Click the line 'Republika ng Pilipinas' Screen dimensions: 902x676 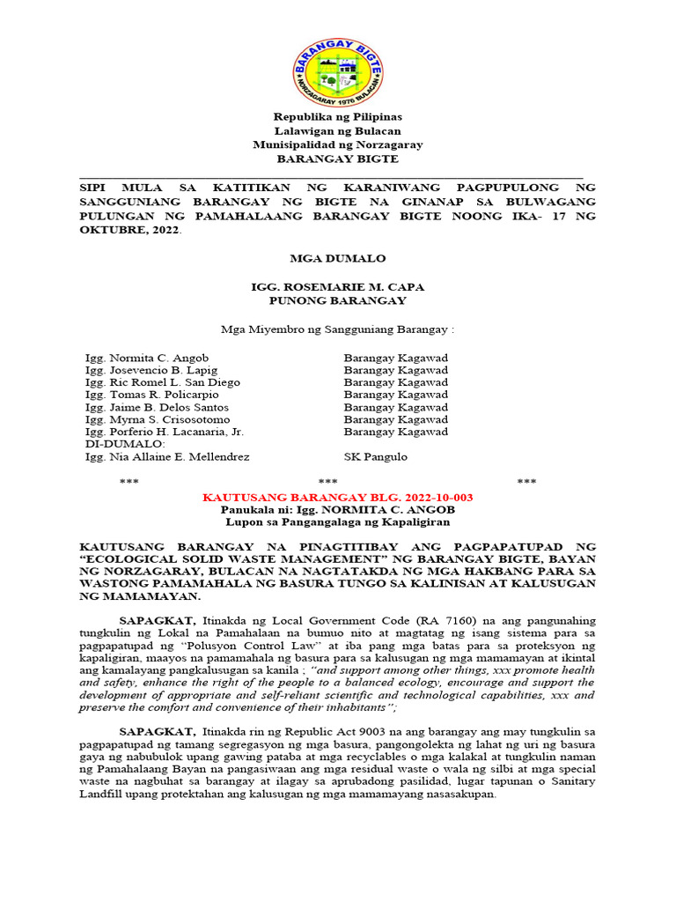pos(337,116)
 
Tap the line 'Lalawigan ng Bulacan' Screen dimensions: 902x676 pos(337,130)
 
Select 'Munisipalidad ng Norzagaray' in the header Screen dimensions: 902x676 pos(337,144)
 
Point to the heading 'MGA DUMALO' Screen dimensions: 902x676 pos(337,258)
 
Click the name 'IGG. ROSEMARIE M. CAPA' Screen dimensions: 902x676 pos(337,287)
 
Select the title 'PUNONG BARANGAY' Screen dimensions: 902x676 pos(337,300)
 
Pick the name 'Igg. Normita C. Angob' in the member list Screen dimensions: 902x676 pos(146,358)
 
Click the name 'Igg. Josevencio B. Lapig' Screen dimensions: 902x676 pos(151,370)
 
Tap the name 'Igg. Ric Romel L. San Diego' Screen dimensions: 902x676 pos(162,382)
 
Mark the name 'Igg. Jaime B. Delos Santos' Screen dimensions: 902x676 pos(156,407)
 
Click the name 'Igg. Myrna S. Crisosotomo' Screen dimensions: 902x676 pos(157,419)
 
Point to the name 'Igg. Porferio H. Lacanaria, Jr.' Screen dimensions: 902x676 pos(164,432)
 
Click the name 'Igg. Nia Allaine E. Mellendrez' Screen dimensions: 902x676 pos(166,456)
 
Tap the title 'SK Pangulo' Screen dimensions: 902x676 pos(374,456)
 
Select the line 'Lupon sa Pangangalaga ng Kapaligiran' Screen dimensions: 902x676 pos(337,522)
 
